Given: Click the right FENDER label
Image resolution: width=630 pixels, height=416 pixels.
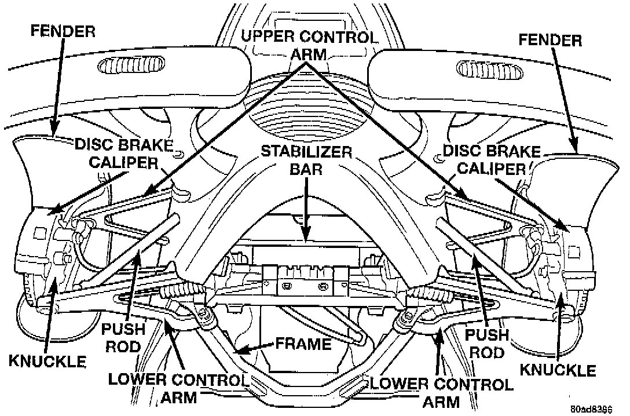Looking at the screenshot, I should [x=550, y=40].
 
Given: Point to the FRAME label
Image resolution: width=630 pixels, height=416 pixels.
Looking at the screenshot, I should [x=303, y=344].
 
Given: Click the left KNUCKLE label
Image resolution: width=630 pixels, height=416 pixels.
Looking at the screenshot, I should [x=47, y=362].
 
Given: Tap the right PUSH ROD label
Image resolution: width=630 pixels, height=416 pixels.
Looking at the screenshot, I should [x=487, y=343].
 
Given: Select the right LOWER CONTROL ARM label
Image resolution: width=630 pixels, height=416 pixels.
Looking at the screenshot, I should [x=441, y=392].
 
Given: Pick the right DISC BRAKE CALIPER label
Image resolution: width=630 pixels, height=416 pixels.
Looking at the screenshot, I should [x=492, y=159].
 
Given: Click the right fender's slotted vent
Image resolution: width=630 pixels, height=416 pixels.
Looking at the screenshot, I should [x=487, y=71].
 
